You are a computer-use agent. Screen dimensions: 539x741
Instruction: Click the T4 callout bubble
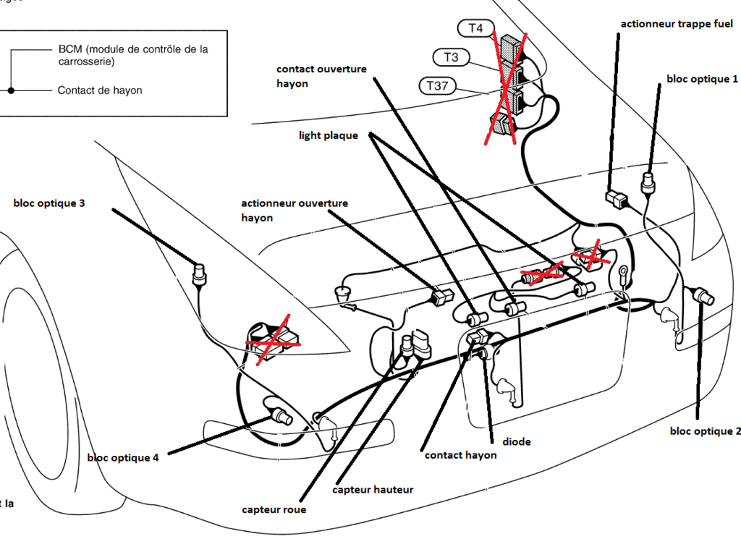click(475, 28)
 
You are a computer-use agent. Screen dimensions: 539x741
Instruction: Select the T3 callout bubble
click(452, 56)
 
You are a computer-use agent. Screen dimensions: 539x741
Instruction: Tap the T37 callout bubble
click(436, 86)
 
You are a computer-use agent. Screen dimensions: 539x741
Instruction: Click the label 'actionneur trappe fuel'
click(677, 25)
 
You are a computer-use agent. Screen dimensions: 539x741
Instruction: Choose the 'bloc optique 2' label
click(705, 431)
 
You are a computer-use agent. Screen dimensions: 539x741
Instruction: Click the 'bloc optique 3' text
click(49, 203)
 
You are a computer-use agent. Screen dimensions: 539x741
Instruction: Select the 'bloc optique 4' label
click(122, 457)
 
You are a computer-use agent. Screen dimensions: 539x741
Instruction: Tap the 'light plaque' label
click(329, 135)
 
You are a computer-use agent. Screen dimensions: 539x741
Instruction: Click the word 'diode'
click(516, 441)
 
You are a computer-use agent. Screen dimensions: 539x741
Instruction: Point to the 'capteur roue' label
click(274, 510)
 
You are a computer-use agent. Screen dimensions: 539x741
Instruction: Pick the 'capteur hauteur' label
click(373, 490)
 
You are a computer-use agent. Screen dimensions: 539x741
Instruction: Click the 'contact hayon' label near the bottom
click(460, 455)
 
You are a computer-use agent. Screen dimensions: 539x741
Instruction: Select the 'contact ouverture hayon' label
click(321, 76)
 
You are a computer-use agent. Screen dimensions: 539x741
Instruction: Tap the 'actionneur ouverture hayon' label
click(295, 210)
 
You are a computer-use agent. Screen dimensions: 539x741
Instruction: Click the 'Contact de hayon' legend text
click(100, 90)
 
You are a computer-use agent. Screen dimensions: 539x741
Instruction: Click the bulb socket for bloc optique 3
click(199, 273)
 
